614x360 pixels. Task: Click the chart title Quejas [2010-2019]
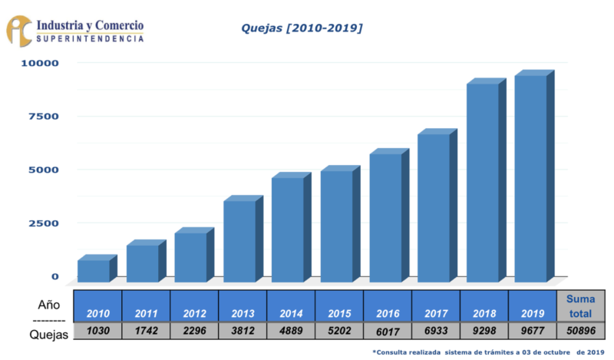[x=302, y=28]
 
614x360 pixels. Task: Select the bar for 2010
[x=97, y=269]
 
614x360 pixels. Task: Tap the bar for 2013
[x=243, y=239]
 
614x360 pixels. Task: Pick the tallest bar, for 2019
[x=534, y=176]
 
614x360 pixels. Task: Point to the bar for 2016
[x=389, y=215]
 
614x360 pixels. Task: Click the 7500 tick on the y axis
[x=44, y=117]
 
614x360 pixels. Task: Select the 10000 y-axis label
[x=40, y=63]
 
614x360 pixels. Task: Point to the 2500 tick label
[x=44, y=223]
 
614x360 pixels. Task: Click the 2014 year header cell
[x=291, y=306]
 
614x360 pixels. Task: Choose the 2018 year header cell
[x=484, y=306]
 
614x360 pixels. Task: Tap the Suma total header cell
[x=581, y=306]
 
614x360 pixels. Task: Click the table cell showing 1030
[x=98, y=331]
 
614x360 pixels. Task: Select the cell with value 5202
[x=339, y=331]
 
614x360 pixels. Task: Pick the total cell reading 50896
[x=581, y=331]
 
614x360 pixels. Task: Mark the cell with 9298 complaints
[x=484, y=331]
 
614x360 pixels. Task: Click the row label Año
[x=49, y=305]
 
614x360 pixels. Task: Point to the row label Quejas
[x=49, y=335]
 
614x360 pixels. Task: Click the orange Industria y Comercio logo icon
[x=18, y=31]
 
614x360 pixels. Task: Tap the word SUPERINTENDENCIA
[x=90, y=38]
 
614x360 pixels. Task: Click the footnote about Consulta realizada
[x=488, y=352]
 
